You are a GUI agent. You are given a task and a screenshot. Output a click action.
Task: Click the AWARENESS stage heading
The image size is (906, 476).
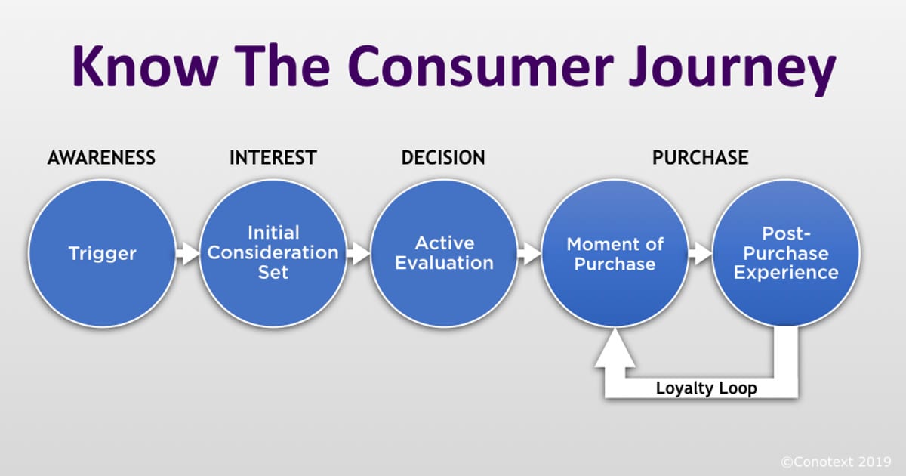pyautogui.click(x=101, y=158)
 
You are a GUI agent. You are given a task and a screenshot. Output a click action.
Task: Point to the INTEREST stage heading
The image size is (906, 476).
pyautogui.click(x=273, y=158)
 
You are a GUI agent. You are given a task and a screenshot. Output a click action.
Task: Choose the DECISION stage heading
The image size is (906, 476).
pyautogui.click(x=443, y=158)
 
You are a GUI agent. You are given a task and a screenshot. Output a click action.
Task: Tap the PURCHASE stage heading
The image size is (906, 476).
pyautogui.click(x=700, y=158)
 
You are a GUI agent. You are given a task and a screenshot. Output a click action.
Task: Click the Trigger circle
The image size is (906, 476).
pyautogui.click(x=101, y=254)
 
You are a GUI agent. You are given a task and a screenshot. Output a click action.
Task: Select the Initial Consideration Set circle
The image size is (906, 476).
pyautogui.click(x=273, y=254)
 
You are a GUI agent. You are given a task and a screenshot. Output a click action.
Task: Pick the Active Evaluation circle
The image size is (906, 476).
pyautogui.click(x=444, y=254)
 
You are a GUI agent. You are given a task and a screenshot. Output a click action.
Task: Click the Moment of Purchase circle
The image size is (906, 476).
pyautogui.click(x=615, y=254)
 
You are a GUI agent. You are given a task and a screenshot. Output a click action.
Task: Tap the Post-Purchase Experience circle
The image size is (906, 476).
pyautogui.click(x=786, y=254)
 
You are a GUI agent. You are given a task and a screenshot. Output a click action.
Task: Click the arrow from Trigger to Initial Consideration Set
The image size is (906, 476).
pyautogui.click(x=187, y=254)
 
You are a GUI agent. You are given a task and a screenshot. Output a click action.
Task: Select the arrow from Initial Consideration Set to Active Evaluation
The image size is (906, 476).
pyautogui.click(x=359, y=254)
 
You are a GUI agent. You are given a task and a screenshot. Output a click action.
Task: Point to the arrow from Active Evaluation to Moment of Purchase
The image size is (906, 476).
pyautogui.click(x=530, y=254)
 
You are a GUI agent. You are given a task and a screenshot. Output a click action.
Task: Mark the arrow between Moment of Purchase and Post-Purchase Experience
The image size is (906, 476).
pyautogui.click(x=701, y=254)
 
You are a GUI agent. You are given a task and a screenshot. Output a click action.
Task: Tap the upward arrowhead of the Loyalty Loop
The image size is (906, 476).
pyautogui.click(x=615, y=351)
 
